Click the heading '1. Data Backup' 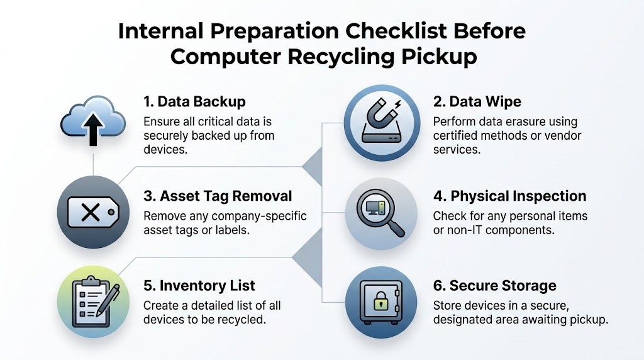194,101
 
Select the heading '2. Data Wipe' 477,101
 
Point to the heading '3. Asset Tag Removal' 218,196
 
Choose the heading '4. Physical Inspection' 509,196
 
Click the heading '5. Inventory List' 199,286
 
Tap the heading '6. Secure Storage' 494,286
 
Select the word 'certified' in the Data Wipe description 455,135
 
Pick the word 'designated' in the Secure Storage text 464,320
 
